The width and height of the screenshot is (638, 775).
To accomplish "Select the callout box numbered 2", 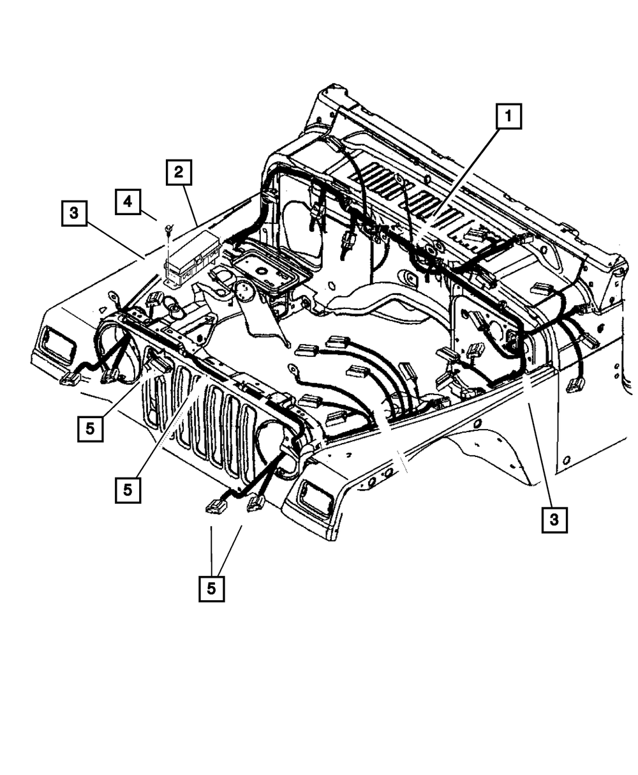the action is (x=179, y=172).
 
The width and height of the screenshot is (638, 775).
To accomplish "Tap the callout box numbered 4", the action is (x=128, y=201).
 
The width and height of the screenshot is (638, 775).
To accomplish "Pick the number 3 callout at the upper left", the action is (x=75, y=213).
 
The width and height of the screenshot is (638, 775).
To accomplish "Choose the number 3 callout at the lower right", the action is (x=554, y=520).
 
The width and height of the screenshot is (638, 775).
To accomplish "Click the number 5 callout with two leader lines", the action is (x=211, y=588).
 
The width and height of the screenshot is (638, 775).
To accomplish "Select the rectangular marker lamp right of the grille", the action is (x=314, y=495).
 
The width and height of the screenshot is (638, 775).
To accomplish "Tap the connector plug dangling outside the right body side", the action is (x=575, y=384).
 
